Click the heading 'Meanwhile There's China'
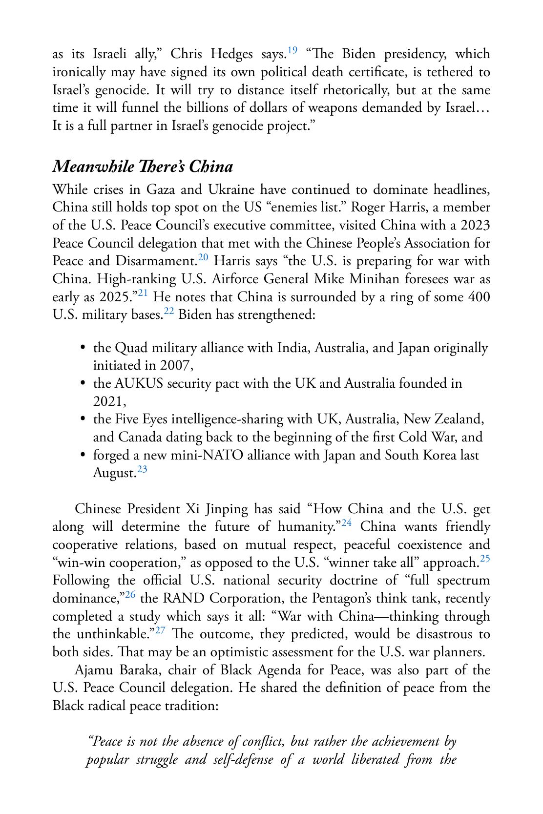click(x=143, y=167)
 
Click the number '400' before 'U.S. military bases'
click(x=479, y=297)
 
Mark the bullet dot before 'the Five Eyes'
click(x=83, y=418)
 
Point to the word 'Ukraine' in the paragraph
click(x=231, y=189)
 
